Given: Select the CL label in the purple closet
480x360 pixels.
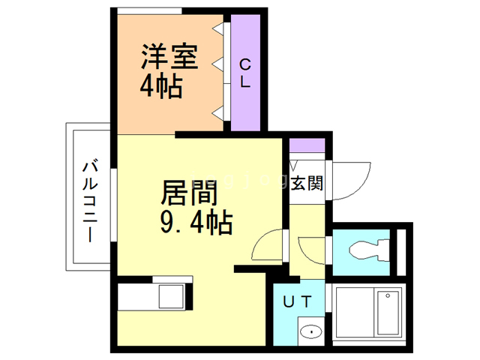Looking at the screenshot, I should (x=244, y=73).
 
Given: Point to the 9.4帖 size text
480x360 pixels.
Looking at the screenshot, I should (x=195, y=222).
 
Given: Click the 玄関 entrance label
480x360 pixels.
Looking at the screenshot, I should (x=307, y=182).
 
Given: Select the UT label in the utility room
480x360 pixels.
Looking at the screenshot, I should (x=298, y=302).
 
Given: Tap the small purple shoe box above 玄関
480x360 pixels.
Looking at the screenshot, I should (x=307, y=146).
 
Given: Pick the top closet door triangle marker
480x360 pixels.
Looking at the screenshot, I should (x=219, y=29).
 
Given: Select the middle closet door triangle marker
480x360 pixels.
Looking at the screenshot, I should (x=219, y=67).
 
